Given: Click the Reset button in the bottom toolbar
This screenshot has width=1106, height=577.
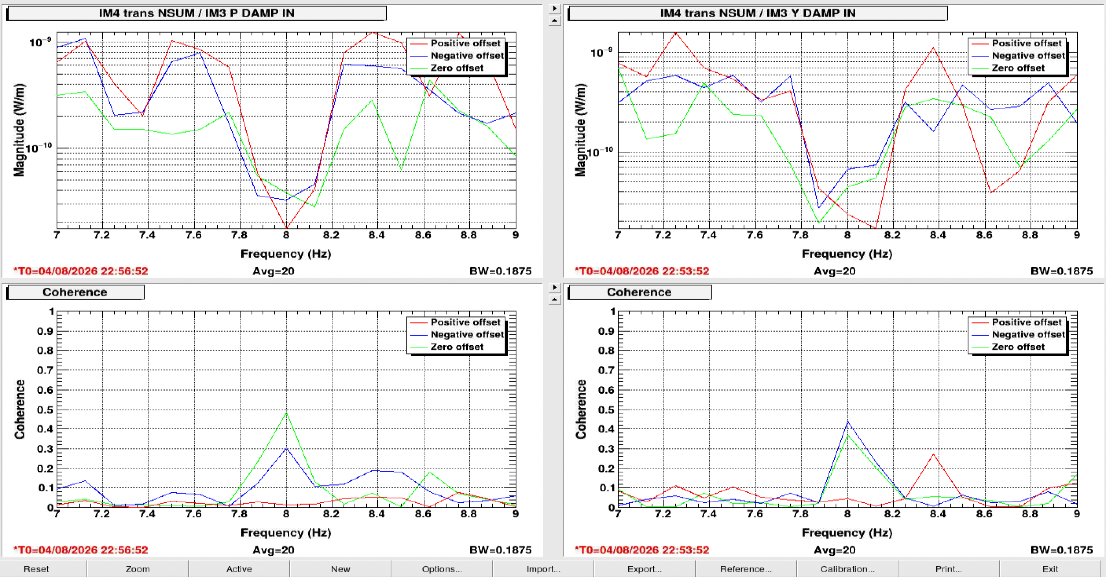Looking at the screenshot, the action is click(x=36, y=569).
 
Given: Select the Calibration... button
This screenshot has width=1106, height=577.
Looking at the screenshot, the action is click(x=847, y=569).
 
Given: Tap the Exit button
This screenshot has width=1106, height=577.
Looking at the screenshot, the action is click(x=1050, y=569).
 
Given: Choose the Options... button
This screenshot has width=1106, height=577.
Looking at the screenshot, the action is click(x=442, y=569).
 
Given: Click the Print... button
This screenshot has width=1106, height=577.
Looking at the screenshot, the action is click(x=949, y=569).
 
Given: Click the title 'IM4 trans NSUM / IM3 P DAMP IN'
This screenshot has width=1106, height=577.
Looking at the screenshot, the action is click(x=197, y=13).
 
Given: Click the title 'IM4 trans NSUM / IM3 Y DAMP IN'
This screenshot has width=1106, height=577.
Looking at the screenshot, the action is click(x=758, y=13).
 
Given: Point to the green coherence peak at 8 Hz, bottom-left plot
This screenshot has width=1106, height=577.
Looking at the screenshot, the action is click(x=287, y=413).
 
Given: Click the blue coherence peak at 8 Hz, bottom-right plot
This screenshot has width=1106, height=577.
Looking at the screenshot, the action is click(x=847, y=421).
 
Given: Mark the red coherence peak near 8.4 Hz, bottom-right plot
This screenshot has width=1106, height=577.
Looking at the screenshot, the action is click(x=933, y=454).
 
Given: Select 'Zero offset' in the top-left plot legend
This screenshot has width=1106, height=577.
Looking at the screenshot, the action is click(x=457, y=68).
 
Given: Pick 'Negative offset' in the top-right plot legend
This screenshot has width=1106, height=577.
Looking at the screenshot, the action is click(x=1028, y=55).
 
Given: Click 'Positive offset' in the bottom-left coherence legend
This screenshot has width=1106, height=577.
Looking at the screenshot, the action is click(x=465, y=322).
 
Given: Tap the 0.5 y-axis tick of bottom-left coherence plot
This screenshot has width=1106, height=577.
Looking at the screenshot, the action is click(x=46, y=410).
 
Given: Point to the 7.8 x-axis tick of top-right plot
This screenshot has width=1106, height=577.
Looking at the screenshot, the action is click(x=801, y=235).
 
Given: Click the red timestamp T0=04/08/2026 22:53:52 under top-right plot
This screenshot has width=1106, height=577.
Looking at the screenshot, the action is click(x=642, y=271).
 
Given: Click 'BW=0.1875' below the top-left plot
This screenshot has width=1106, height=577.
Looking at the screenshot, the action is click(x=500, y=271).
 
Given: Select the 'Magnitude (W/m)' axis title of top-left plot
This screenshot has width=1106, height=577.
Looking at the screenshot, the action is click(x=19, y=130).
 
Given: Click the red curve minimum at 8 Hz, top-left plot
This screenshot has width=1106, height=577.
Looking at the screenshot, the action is click(x=287, y=228).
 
